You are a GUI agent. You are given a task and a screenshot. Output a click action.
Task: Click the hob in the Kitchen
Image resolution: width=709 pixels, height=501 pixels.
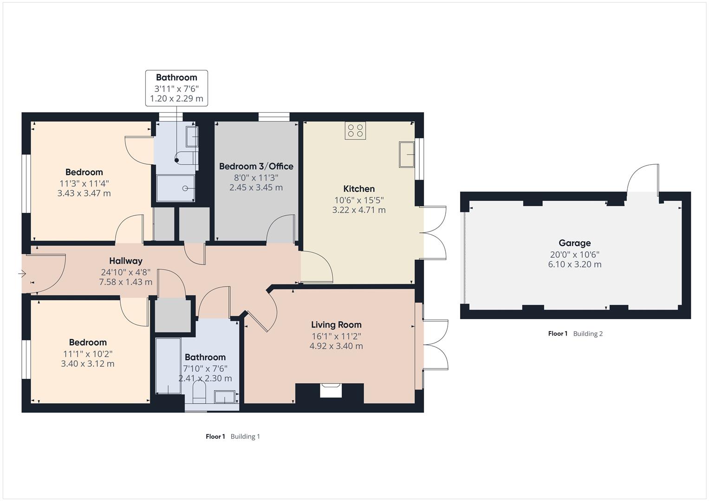click(x=355, y=130)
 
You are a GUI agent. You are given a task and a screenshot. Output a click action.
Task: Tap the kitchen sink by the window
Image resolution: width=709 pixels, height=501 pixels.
click(x=407, y=154)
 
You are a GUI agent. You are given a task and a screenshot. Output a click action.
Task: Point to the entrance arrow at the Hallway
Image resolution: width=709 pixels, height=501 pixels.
click(x=22, y=274)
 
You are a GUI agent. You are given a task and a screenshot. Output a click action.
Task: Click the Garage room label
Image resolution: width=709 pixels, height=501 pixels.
click(x=574, y=243)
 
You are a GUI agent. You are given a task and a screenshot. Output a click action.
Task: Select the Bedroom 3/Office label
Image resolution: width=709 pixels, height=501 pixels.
click(x=256, y=166)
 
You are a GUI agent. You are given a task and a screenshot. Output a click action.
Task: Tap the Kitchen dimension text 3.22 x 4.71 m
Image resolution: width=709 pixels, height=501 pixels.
click(x=358, y=210)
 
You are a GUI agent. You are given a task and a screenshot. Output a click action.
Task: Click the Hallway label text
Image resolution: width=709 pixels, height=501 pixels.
click(x=125, y=261)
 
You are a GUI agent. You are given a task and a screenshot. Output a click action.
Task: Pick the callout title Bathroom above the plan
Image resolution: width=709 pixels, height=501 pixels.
click(x=176, y=77)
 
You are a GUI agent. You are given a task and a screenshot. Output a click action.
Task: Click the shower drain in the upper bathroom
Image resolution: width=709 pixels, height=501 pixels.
click(x=185, y=188)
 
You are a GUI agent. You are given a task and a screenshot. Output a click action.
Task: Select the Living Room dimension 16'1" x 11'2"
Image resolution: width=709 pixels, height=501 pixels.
click(x=336, y=336)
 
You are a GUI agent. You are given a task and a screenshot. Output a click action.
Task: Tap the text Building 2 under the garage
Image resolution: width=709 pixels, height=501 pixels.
click(x=588, y=334)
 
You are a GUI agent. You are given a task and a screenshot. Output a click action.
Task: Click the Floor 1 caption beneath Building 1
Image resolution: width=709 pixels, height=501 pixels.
click(x=215, y=437)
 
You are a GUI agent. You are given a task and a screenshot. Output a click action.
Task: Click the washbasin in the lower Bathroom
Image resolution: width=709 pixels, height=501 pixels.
click(x=225, y=397)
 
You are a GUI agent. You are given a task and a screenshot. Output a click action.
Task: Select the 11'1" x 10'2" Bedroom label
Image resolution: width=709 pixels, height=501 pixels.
click(x=88, y=353)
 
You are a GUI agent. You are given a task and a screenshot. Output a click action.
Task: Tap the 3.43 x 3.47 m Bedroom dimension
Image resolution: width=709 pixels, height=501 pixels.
click(x=84, y=193)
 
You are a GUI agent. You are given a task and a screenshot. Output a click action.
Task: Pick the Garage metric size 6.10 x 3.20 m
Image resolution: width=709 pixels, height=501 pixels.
click(x=574, y=264)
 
